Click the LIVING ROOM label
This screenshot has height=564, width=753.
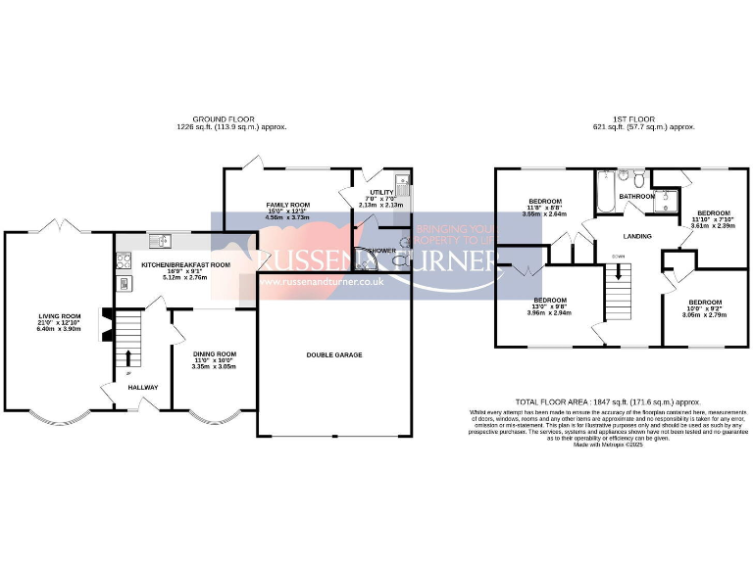pyautogui.click(x=59, y=315)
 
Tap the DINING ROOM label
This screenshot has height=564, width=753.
pyautogui.click(x=214, y=353)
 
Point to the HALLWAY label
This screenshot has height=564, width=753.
pyautogui.click(x=129, y=387)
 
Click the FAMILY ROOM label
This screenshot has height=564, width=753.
pyautogui.click(x=287, y=205)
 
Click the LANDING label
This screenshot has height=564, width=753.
pyautogui.click(x=639, y=236)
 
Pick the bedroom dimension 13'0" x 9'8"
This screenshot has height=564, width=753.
pyautogui.click(x=549, y=306)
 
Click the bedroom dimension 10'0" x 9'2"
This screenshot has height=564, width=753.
pyautogui.click(x=705, y=309)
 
